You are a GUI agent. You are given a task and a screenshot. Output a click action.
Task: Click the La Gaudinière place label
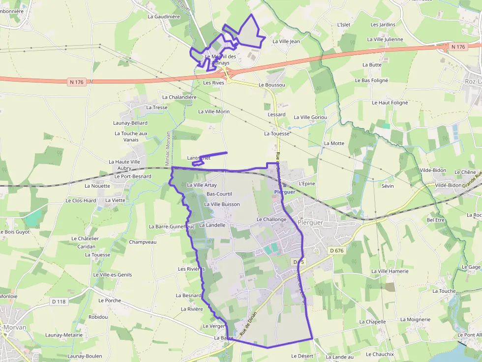click(164, 16)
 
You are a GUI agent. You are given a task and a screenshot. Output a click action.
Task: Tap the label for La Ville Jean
click(286, 42)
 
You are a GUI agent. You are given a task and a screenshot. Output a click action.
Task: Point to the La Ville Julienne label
click(385, 39)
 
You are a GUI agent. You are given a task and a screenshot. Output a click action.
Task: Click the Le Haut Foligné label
click(390, 103)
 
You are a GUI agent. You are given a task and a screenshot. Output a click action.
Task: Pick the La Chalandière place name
click(176, 97)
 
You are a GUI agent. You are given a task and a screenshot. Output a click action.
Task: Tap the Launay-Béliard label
click(130, 123)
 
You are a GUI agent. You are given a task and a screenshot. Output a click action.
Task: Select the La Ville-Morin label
click(214, 111)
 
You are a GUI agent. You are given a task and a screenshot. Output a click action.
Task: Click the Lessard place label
click(276, 114)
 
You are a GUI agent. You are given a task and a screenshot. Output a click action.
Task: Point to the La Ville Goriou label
click(310, 117)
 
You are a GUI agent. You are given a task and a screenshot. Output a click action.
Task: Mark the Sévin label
click(388, 186)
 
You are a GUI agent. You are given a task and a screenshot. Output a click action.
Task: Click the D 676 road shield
click(337, 251)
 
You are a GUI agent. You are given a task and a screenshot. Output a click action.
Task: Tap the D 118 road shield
click(59, 302)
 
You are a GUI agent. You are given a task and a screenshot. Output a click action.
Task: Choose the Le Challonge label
click(271, 220)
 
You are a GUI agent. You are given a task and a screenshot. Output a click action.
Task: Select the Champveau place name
click(143, 242)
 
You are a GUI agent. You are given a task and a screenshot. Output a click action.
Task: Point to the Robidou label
click(98, 317)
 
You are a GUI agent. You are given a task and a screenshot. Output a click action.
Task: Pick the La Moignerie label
click(415, 319)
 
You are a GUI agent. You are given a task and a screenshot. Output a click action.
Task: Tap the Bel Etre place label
click(436, 220)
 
